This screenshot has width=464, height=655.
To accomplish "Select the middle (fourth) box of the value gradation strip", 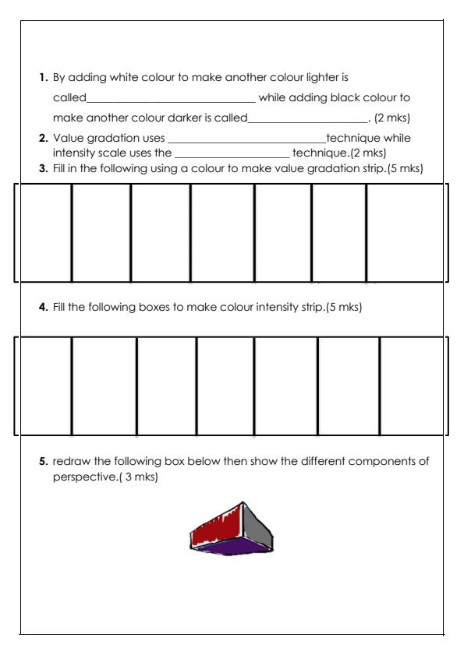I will pos(222,231).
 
